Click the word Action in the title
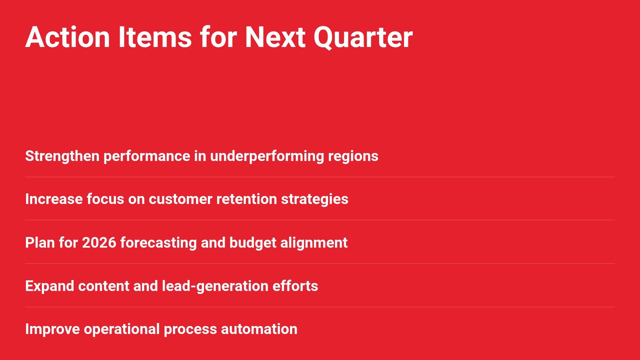click(x=68, y=37)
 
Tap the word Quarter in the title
click(x=363, y=38)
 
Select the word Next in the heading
click(x=275, y=37)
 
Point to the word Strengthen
click(x=62, y=156)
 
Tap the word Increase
click(x=54, y=199)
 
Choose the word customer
click(x=180, y=199)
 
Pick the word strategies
click(x=315, y=199)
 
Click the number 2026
click(x=99, y=243)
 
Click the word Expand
click(x=50, y=286)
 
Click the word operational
click(x=122, y=329)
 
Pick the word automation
click(x=259, y=329)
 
